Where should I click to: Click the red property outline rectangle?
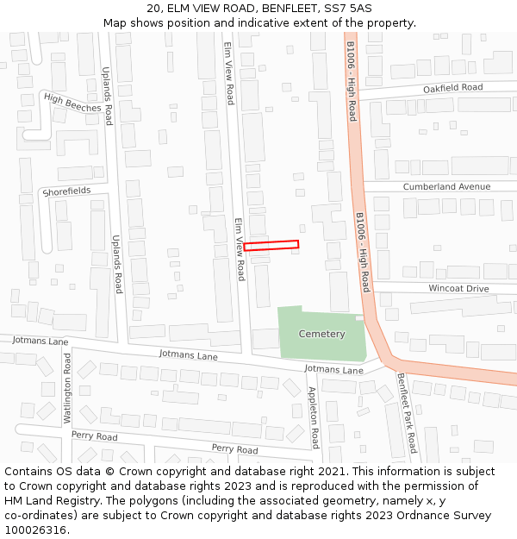[271, 245]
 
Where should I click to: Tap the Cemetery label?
[321, 334]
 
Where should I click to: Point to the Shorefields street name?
[66, 191]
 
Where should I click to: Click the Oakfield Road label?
[452, 88]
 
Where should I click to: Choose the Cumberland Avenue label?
[446, 186]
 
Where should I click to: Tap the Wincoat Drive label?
[458, 288]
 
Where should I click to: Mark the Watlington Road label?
[67, 387]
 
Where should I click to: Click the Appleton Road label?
[314, 417]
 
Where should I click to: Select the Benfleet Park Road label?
[407, 412]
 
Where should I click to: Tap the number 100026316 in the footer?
[35, 530]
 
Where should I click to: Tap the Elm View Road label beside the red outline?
[240, 248]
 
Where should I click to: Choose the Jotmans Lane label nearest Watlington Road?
[40, 341]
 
